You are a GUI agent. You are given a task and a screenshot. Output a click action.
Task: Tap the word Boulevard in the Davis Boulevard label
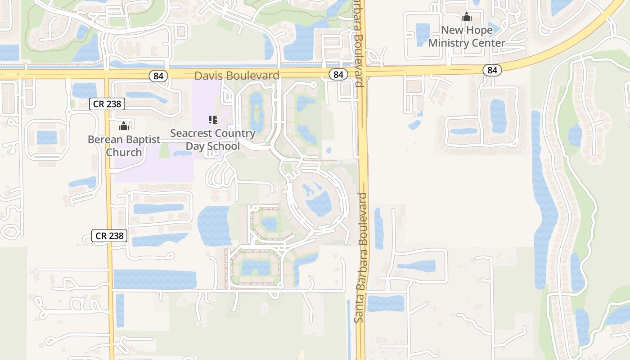coord(254,76)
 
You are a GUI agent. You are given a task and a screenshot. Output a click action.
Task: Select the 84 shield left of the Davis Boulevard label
coord(158,76)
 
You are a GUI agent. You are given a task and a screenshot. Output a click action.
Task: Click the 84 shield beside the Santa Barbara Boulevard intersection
coord(338,75)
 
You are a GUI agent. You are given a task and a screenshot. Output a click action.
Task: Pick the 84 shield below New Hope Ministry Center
coord(492,70)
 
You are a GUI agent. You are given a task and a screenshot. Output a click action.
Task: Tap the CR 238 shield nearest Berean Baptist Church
coord(107,104)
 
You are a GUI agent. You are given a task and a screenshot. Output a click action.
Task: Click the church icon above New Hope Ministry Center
coord(467,18)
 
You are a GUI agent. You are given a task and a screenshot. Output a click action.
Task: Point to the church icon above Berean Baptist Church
coord(124,126)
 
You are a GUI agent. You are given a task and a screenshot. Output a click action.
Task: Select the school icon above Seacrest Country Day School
coord(213,120)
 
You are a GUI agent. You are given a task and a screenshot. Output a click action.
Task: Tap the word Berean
coord(104,139)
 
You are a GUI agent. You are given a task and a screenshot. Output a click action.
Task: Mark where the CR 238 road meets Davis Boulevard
coord(108,74)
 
